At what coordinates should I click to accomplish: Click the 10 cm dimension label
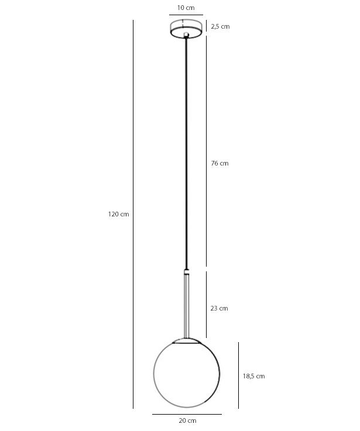click(186, 8)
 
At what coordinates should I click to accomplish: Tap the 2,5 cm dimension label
click(220, 27)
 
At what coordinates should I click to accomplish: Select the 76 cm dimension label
click(220, 163)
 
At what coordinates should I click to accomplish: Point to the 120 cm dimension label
click(118, 214)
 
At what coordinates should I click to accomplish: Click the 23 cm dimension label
click(219, 308)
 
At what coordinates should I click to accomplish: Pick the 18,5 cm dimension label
click(253, 376)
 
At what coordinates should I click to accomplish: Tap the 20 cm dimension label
click(187, 420)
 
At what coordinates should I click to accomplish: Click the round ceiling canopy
click(186, 29)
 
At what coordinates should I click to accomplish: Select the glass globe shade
click(187, 373)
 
